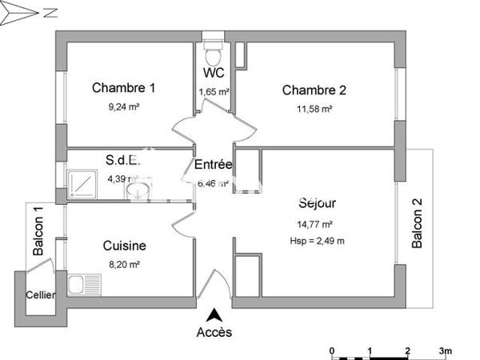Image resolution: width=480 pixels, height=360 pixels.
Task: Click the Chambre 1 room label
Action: click(x=123, y=87)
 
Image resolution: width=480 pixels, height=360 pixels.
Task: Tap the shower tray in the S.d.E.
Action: click(x=82, y=185)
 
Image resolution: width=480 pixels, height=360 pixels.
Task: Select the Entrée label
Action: click(x=214, y=165)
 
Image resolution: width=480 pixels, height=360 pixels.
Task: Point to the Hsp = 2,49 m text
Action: click(x=318, y=241)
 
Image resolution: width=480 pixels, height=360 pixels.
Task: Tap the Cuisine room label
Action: click(x=124, y=246)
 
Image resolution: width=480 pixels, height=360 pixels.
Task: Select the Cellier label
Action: click(x=40, y=295)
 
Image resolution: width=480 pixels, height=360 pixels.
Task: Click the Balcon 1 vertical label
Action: click(x=38, y=231)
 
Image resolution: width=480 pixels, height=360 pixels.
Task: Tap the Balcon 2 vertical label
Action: click(x=416, y=224)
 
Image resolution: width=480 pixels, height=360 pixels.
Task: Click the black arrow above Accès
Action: click(x=214, y=314)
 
